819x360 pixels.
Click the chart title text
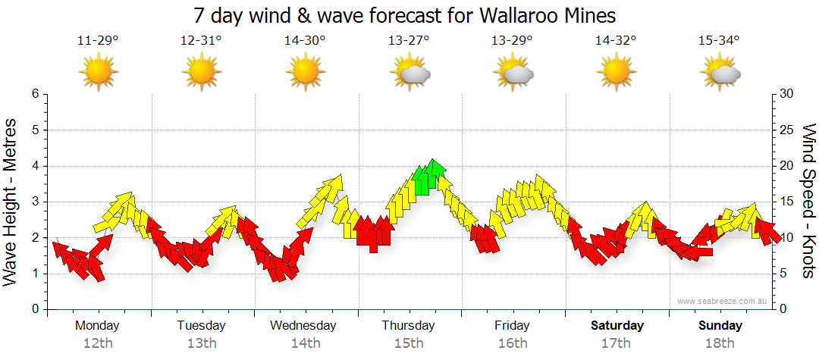coord(404,15)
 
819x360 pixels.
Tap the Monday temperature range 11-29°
coord(98,40)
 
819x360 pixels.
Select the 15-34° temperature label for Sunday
coord(719,40)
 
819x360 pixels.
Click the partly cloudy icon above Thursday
coord(410,73)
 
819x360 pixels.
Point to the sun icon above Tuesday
coord(201,73)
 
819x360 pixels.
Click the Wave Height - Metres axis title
coord(11,202)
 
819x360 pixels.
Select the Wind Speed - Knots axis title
coord(808,202)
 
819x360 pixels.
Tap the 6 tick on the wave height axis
coord(35,94)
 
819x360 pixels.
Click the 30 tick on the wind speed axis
coord(786,94)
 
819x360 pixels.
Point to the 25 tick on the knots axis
coord(786,130)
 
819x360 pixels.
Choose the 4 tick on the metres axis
coord(35,166)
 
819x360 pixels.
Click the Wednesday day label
coord(303,326)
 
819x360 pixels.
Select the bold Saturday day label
coord(617,326)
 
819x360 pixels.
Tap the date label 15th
coord(409,343)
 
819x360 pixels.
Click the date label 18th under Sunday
coord(720,343)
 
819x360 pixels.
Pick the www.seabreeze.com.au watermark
coord(723,301)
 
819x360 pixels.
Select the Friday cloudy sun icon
coord(514,73)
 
